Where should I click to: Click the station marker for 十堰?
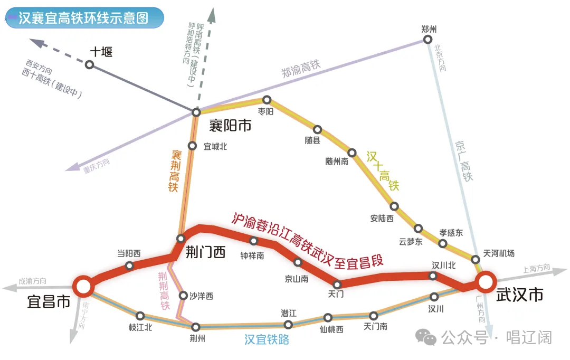click(89, 65)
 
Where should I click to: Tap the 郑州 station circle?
click(428, 39)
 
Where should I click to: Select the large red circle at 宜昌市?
click(83, 286)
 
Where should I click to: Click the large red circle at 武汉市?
click(486, 282)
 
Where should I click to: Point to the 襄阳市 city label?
click(230, 126)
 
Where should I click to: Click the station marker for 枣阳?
click(267, 100)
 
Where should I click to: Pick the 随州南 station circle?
click(352, 153)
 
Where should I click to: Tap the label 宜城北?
click(215, 147)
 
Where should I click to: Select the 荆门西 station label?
click(205, 252)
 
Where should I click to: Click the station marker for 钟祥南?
click(254, 241)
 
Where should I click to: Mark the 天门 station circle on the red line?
click(337, 285)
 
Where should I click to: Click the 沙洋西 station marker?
click(184, 296)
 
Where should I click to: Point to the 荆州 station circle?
click(196, 327)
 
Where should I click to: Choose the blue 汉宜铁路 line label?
click(267, 339)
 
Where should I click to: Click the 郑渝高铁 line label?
click(301, 69)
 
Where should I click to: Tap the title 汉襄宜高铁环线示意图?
click(83, 18)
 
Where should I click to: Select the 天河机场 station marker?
click(475, 259)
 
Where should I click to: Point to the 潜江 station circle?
click(288, 324)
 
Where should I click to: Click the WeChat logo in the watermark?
click(426, 337)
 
